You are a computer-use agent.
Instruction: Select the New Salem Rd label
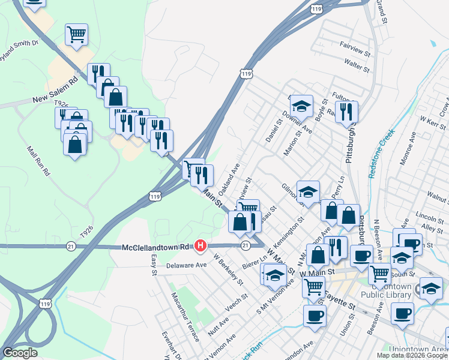coord(56,89)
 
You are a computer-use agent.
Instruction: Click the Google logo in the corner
coord(20,353)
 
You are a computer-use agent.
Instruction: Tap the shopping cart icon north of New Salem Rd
coord(76,34)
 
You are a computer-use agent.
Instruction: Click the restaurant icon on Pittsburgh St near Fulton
coord(346,111)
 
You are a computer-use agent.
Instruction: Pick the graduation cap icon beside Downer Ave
coord(302,106)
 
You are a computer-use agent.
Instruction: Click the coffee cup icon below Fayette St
coord(314,315)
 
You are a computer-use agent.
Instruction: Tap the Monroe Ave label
coord(406,157)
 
